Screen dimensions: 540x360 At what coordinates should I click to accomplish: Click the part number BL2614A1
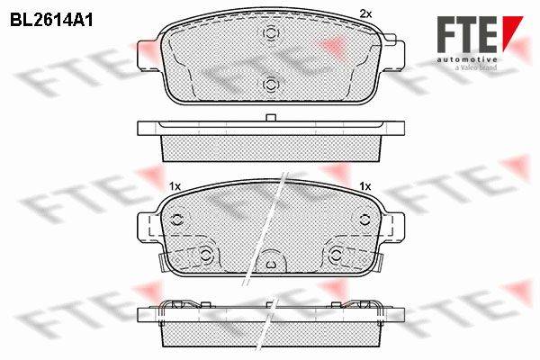click(51, 21)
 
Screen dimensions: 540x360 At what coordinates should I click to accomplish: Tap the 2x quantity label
click(365, 14)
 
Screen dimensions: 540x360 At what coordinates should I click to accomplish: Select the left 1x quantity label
click(175, 186)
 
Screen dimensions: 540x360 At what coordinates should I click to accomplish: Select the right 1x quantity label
click(365, 186)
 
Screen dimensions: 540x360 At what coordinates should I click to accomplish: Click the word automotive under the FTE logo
click(467, 60)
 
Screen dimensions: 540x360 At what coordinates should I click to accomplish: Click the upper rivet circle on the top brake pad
click(271, 33)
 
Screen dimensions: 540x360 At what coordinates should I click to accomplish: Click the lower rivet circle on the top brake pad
click(271, 84)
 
